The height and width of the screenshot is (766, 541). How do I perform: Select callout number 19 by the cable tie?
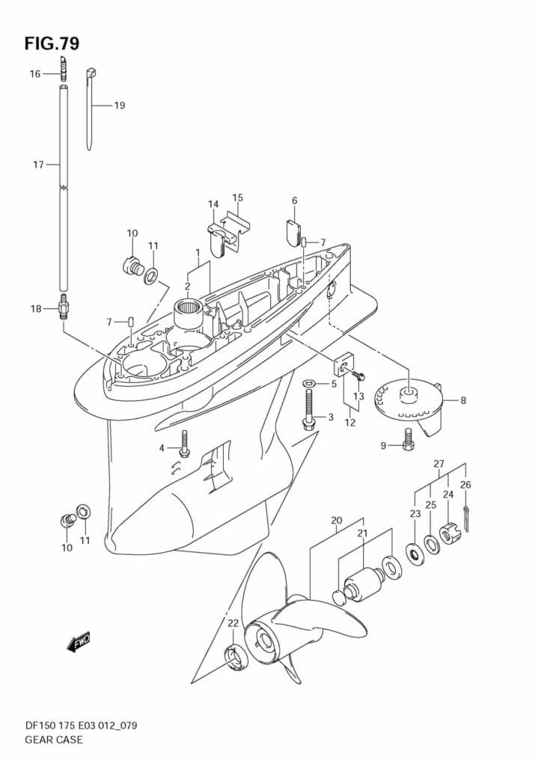(119, 105)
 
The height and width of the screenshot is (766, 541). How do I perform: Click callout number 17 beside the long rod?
(39, 165)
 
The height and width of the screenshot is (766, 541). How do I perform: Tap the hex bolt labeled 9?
(408, 441)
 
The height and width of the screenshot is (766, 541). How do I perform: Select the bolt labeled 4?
(184, 447)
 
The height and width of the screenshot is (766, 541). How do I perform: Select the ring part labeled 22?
(234, 656)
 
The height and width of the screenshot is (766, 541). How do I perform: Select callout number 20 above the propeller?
(336, 521)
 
